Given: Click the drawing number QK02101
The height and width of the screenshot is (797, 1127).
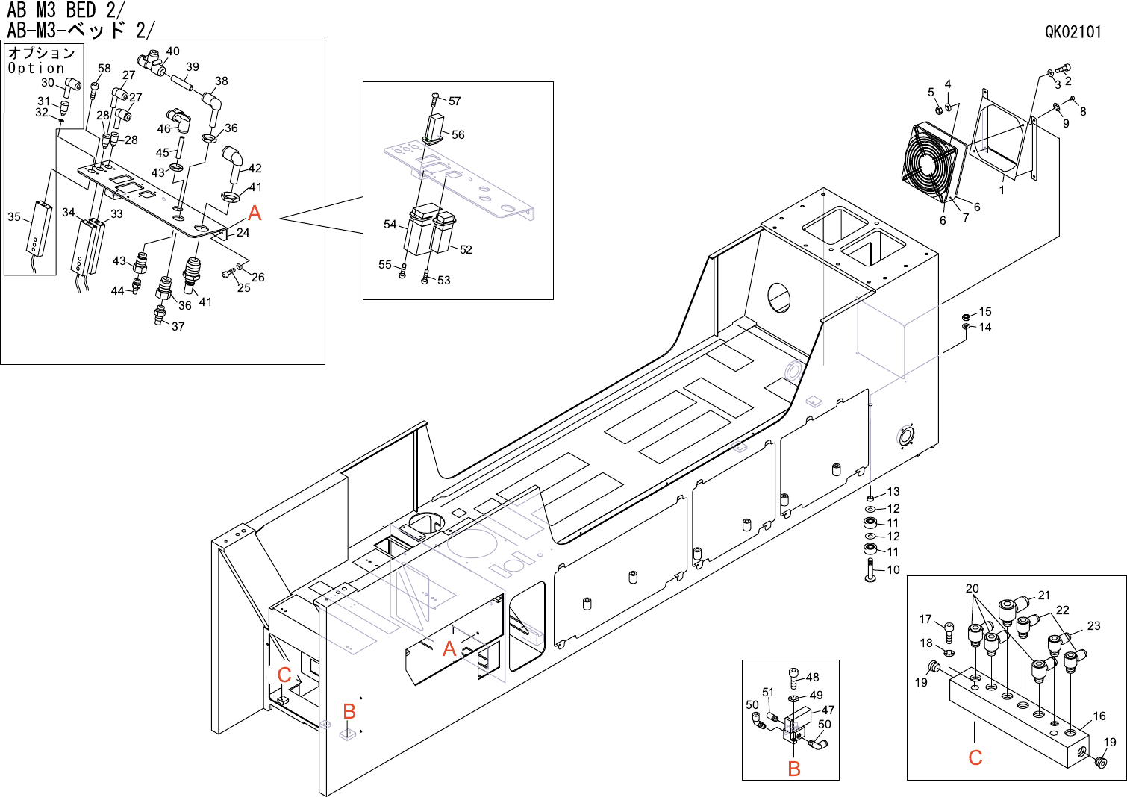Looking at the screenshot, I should [x=1073, y=31].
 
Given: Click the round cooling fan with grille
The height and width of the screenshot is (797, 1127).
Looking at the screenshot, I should [x=929, y=163].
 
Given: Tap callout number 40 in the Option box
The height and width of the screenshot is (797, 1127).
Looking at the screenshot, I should [x=172, y=51].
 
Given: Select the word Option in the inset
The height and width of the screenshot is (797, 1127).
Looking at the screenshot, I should [x=36, y=68].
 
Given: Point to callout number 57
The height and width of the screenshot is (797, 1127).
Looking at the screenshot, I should [x=455, y=101].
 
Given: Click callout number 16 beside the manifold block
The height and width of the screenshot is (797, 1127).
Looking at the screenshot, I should [x=1099, y=716].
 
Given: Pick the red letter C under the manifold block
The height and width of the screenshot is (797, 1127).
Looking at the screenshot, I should [x=975, y=757].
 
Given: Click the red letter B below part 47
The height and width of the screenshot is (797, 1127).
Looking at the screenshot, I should [x=794, y=769].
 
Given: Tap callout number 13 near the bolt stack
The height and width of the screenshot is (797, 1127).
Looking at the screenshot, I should [x=893, y=492].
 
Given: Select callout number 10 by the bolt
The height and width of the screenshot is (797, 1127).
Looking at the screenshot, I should [x=893, y=569].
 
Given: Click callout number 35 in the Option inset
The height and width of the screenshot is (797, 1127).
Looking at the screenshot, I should [x=14, y=216].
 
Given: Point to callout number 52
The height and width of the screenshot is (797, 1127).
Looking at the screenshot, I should [x=466, y=249].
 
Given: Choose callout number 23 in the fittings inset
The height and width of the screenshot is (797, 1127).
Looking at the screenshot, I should [x=1093, y=625].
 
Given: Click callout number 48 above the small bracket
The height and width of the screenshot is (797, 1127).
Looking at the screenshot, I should [x=813, y=677].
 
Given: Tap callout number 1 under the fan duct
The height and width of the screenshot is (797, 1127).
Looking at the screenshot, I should [x=1002, y=190].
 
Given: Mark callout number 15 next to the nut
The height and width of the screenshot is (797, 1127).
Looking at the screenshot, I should [x=985, y=311].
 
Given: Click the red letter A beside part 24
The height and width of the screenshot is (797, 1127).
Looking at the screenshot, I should [x=255, y=213].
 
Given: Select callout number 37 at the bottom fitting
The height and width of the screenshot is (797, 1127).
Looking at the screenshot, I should [x=178, y=326].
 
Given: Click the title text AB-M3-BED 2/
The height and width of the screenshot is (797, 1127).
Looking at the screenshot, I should [x=66, y=10].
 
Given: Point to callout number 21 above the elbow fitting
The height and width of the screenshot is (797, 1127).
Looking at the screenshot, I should [x=1043, y=595].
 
